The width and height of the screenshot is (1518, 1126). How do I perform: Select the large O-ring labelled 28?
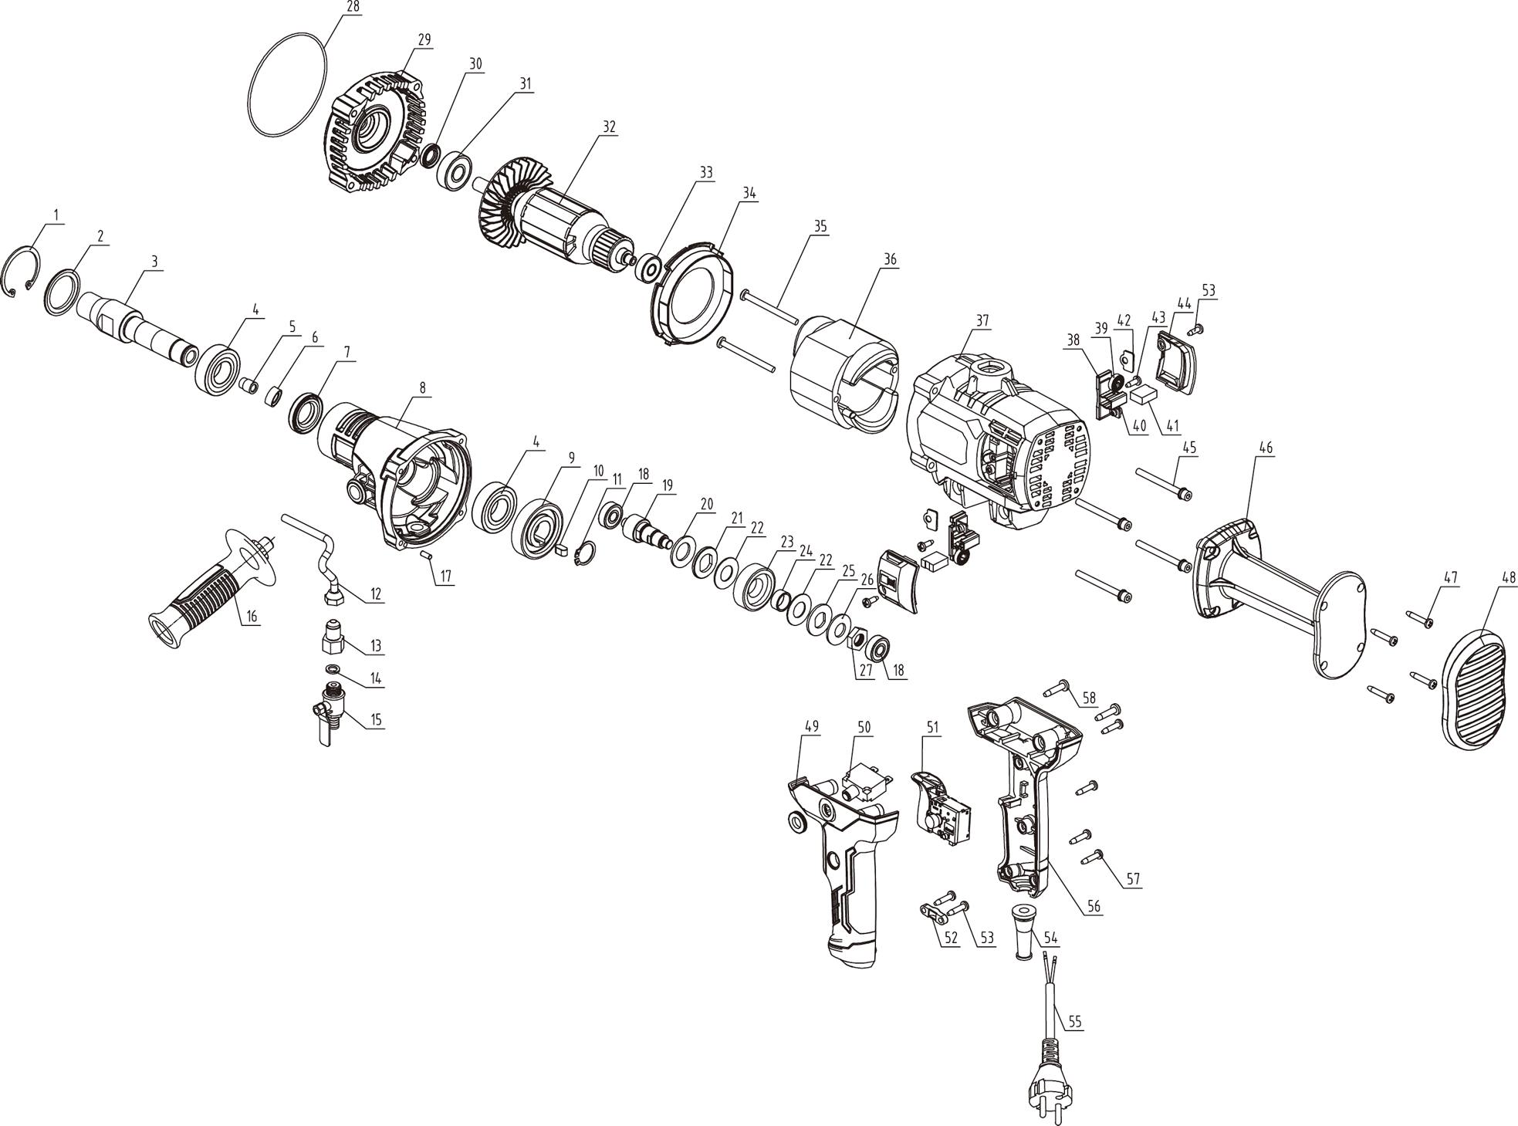288,85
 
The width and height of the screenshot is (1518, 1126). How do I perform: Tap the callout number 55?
1075,1022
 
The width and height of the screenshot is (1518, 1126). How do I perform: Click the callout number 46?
1266,448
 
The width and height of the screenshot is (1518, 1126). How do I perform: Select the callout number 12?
376,594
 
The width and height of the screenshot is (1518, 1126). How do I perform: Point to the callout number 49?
812,727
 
